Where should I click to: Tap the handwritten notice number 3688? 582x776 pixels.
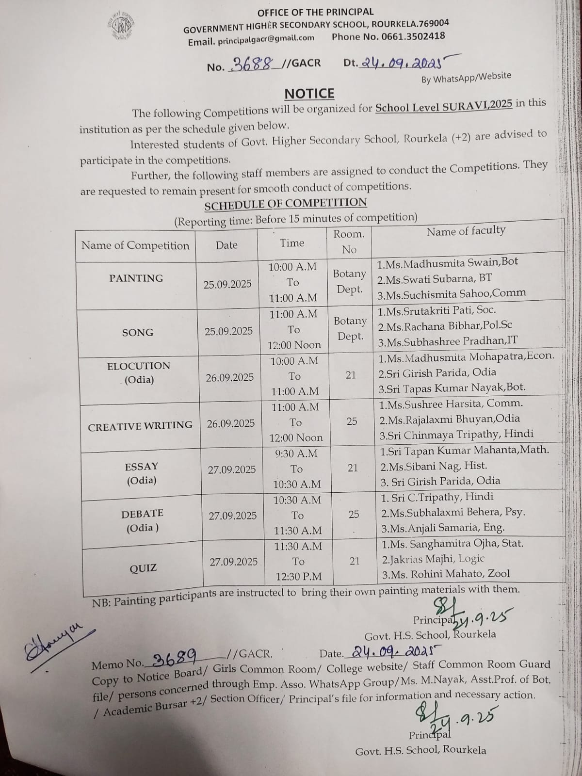252,64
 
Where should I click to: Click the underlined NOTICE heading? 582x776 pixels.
309,93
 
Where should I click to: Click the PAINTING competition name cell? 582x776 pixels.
136,278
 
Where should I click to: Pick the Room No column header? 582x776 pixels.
349,242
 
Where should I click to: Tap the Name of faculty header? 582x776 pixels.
466,231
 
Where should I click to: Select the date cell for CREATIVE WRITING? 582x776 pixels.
231,423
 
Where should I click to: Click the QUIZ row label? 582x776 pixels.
143,568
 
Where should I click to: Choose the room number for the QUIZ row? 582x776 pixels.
355,561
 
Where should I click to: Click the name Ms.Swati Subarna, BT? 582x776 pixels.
435,278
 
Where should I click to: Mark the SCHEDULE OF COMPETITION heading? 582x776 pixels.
285,204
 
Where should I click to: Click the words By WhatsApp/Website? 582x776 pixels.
466,78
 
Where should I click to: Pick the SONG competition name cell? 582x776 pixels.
138,333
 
